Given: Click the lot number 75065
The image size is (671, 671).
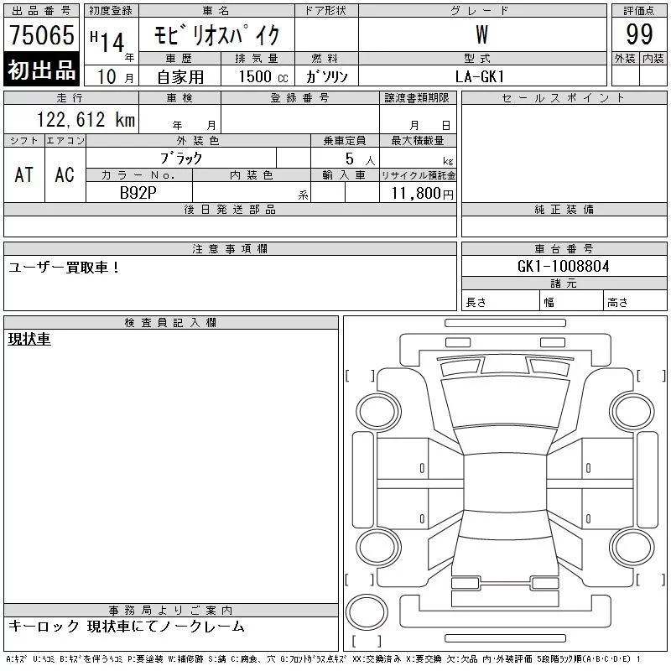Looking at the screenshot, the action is point(42,34).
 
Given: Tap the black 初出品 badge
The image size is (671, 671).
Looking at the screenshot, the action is point(41,70).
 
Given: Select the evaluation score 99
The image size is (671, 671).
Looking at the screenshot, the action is point(639,34).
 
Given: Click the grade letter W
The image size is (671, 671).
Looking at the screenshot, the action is point(481,34).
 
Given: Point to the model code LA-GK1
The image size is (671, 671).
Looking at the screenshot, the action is point(480,76).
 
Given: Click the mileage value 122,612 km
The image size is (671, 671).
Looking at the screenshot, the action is point(86,120).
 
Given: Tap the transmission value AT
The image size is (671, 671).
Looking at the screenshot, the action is point(24,174).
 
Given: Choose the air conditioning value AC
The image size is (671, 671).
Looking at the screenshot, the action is point(65,174).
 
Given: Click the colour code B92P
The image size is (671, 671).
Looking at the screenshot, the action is point(138,193).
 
